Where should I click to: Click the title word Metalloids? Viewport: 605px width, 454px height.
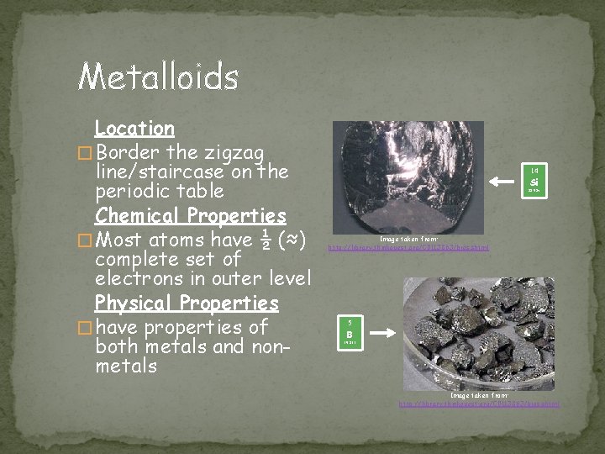coord(158,77)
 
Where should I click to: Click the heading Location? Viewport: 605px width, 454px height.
coord(134,129)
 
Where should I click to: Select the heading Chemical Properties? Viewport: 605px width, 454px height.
coord(190,215)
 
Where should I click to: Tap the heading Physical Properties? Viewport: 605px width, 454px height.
coord(186,302)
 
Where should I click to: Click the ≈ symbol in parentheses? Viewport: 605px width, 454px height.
coord(290,239)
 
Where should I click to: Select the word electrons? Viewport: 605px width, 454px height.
coord(134,278)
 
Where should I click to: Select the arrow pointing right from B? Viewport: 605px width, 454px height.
coord(382,333)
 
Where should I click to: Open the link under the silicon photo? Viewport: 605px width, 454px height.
coord(408,248)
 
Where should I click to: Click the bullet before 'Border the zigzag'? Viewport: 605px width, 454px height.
coord(82,154)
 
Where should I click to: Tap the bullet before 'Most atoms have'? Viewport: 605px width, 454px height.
coord(82,240)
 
